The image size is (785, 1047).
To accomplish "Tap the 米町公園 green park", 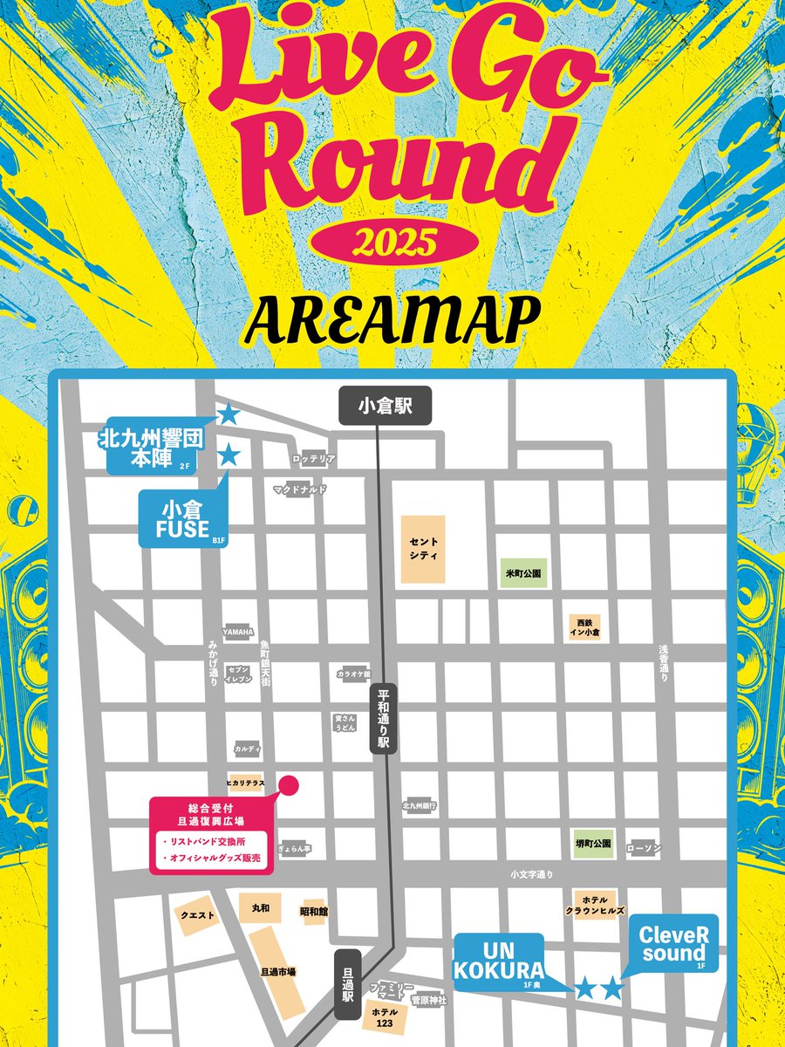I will point(523,574).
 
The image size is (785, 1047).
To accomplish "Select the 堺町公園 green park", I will point(594,844).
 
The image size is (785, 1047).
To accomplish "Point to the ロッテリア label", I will point(314,458).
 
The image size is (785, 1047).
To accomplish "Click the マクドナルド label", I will point(299,489).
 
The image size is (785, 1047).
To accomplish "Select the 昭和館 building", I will point(313,911).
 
